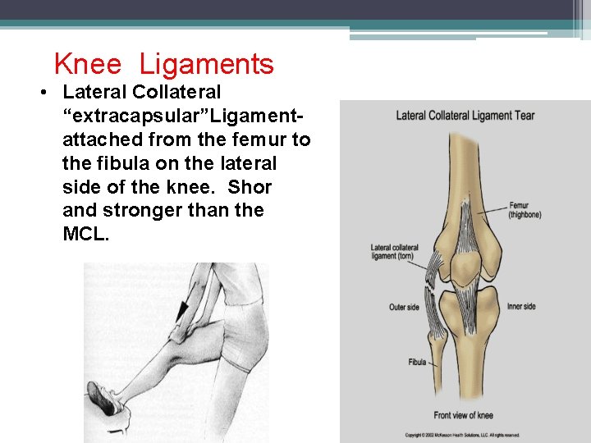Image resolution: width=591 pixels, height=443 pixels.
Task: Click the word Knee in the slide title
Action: [87, 64]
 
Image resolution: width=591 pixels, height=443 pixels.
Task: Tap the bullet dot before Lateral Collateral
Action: [41, 92]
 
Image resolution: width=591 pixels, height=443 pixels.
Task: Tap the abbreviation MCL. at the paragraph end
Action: [85, 235]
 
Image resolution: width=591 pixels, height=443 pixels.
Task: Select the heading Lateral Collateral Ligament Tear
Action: [465, 115]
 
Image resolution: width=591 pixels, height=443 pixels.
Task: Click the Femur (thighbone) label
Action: [525, 210]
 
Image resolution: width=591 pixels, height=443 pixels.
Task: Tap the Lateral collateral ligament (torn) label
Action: [394, 252]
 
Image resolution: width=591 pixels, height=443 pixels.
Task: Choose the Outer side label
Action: [404, 308]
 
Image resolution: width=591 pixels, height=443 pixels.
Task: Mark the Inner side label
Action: [521, 307]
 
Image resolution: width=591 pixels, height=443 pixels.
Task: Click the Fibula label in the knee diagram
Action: [417, 362]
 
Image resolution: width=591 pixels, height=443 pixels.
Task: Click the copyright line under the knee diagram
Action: [463, 435]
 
